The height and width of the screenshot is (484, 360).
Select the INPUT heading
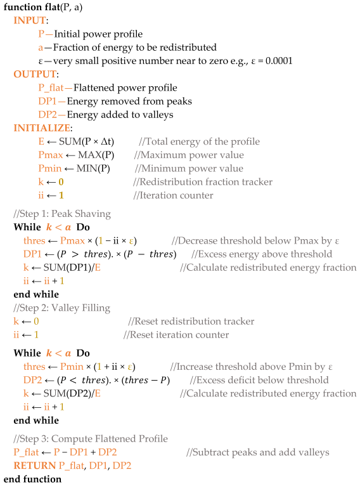click(29, 20)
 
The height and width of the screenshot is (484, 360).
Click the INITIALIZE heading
click(39, 128)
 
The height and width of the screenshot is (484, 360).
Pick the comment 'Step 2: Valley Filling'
click(61, 308)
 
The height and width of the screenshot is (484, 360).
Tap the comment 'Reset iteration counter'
click(176, 335)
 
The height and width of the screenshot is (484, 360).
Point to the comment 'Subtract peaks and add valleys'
click(257, 452)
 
